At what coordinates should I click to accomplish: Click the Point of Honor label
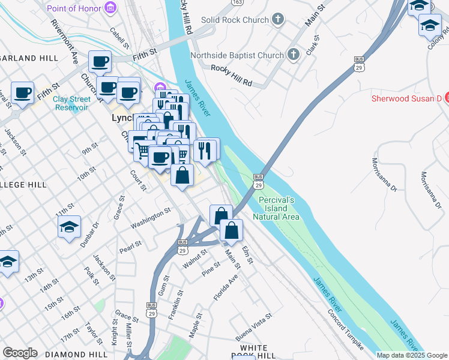(73, 8)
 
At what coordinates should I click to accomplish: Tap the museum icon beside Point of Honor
(110, 8)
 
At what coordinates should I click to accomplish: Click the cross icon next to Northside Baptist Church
(294, 55)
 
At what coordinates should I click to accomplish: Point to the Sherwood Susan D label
(406, 98)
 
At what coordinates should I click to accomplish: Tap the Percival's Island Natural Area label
(276, 208)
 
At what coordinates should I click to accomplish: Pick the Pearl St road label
(130, 245)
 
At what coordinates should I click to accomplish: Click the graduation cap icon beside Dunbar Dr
(70, 227)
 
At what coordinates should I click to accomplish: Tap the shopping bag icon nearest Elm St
(232, 230)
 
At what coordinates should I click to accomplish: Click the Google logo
(20, 353)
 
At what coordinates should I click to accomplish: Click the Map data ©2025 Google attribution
(412, 355)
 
